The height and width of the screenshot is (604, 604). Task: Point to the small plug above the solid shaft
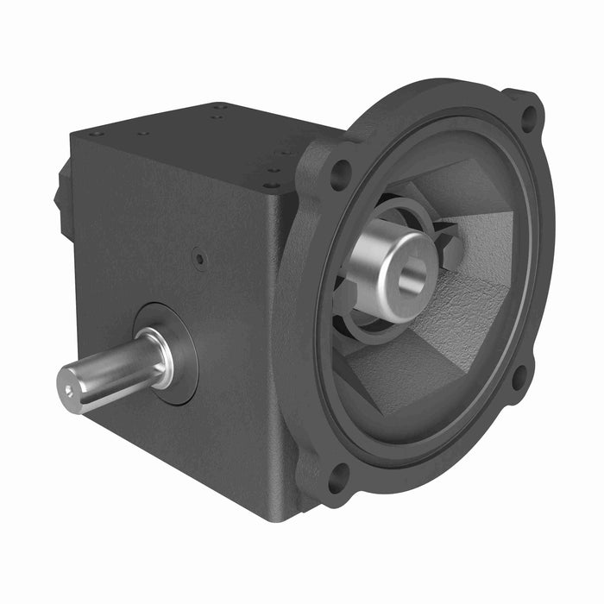[199, 256]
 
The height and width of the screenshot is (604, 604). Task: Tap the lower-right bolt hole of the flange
[519, 376]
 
